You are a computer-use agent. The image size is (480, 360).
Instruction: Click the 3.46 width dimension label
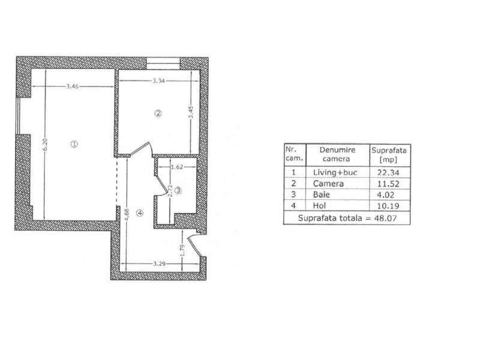coord(72,86)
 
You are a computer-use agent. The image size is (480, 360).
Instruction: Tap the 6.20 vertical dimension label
coord(45,145)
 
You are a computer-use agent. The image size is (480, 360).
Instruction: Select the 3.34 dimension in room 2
coord(159,81)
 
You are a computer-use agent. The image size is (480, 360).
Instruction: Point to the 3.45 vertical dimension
coord(191,112)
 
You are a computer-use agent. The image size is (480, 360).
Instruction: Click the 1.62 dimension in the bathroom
coord(176,167)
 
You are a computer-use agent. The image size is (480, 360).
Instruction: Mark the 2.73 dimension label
coord(171,191)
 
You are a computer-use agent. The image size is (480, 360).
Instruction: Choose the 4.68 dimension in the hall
coord(127,214)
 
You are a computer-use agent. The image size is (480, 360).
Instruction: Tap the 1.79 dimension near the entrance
coord(182,251)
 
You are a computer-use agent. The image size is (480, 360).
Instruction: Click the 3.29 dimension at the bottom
coord(159,263)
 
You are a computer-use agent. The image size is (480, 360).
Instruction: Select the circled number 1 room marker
coord(74,144)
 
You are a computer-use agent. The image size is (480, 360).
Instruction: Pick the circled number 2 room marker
coord(158,113)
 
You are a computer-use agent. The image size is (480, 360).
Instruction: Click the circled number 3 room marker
coord(178,191)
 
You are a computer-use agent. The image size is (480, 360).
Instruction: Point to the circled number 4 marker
coord(140,213)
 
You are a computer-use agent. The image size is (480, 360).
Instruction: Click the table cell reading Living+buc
coord(335,172)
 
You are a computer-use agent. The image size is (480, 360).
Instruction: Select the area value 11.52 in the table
coord(388,184)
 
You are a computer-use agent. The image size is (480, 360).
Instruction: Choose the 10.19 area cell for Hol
coord(388,206)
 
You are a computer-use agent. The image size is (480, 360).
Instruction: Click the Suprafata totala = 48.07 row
coord(347,218)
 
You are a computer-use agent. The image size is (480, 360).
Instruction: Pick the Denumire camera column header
coord(337,154)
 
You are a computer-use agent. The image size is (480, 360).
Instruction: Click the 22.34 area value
coord(388,173)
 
